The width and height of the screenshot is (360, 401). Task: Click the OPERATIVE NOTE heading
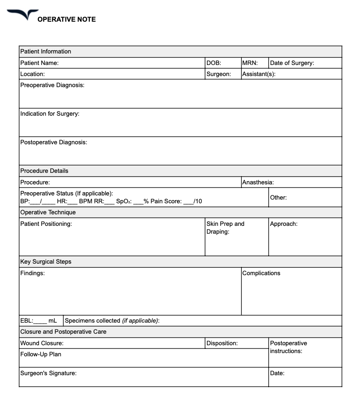[66, 19]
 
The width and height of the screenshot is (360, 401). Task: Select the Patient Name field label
[39, 63]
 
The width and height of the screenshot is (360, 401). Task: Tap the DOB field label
[214, 63]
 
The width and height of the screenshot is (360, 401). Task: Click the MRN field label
[249, 63]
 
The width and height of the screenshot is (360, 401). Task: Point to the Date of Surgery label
[292, 63]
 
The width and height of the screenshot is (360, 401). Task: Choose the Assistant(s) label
[259, 74]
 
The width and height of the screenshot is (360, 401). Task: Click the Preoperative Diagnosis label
[52, 85]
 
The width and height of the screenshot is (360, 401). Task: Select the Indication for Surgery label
[50, 114]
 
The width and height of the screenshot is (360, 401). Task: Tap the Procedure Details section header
[44, 171]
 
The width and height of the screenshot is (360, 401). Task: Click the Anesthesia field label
[258, 183]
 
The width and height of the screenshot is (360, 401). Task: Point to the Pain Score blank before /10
[189, 201]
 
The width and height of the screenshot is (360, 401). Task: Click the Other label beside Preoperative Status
[278, 197]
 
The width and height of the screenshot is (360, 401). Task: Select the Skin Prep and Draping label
[225, 228]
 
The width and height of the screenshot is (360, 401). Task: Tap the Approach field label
[283, 224]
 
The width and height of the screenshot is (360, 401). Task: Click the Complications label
[261, 273]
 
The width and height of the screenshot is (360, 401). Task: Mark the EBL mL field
[41, 321]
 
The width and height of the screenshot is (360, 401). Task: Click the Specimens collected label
[112, 321]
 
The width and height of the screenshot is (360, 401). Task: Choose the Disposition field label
[222, 343]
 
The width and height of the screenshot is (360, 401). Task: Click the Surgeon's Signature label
[48, 373]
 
